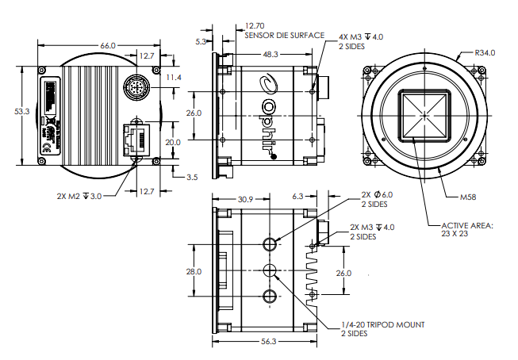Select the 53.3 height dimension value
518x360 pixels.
click(22, 113)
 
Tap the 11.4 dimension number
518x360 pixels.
click(174, 77)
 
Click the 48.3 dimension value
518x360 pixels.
click(270, 55)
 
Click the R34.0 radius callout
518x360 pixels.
click(485, 53)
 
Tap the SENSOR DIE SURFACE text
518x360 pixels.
click(285, 36)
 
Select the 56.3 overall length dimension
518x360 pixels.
click(269, 343)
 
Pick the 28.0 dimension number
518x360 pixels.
click(194, 271)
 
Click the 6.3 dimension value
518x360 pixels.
click(299, 195)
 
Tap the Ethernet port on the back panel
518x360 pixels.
click(137, 140)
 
